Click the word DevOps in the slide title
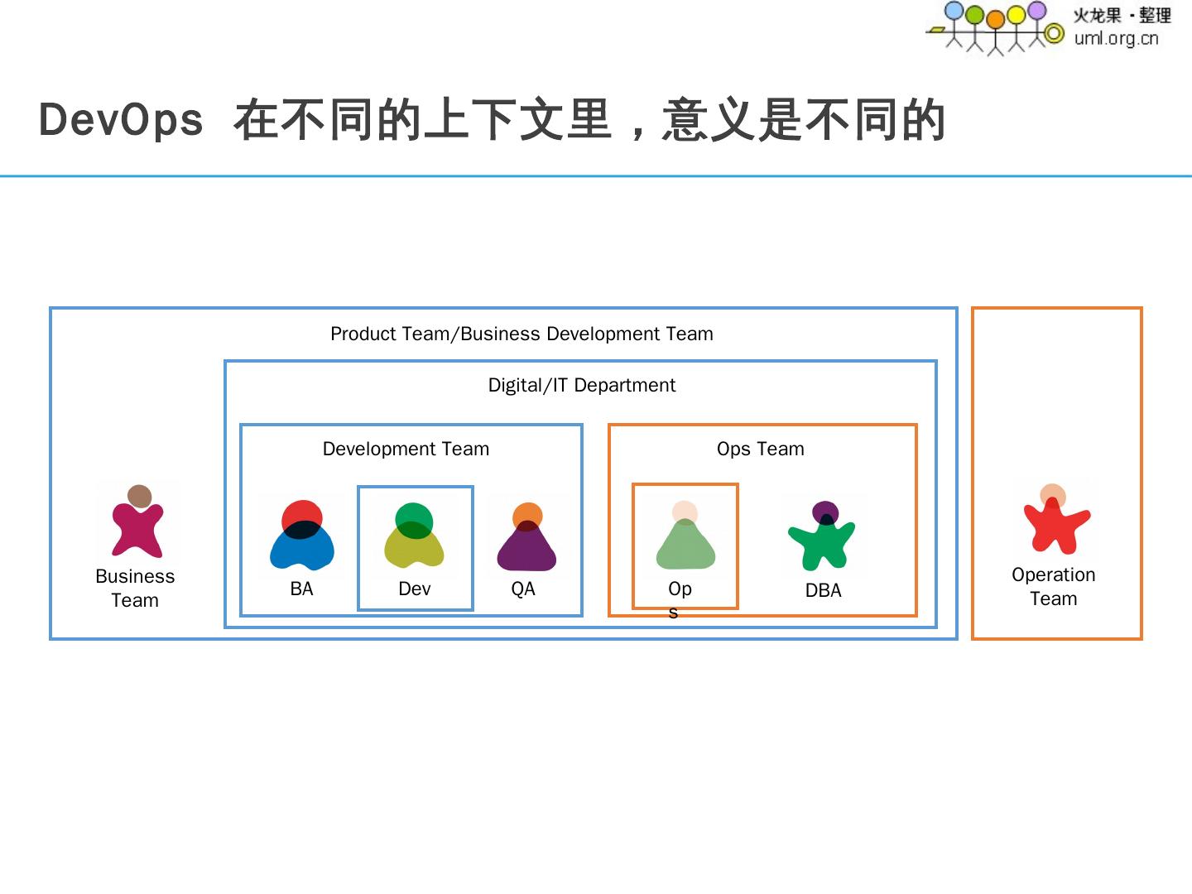[121, 120]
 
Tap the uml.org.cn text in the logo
[1116, 38]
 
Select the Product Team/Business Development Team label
[521, 334]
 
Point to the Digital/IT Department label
[581, 385]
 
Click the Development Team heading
[406, 449]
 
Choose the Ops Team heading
[760, 449]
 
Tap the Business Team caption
[135, 588]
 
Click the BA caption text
[301, 589]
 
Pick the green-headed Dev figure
[414, 536]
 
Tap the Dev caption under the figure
[415, 589]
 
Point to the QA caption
[523, 589]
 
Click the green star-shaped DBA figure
[822, 537]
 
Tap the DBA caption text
[823, 590]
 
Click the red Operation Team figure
[1055, 521]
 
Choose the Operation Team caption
[1053, 586]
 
